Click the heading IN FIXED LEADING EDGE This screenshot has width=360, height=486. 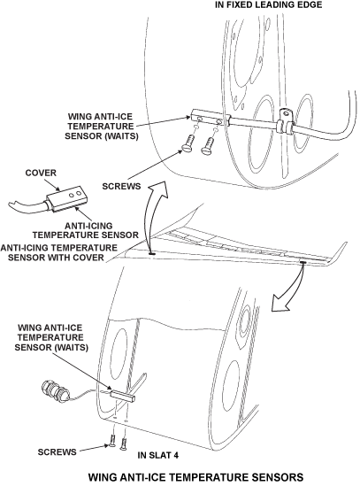coord(269,4)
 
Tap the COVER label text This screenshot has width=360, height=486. coord(41,173)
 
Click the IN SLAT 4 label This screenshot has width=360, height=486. coord(158,455)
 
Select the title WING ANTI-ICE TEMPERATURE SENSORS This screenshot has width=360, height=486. coord(195,477)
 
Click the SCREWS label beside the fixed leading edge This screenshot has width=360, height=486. coord(121,186)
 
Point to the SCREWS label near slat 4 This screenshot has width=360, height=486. coord(57,451)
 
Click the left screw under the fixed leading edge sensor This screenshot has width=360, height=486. coord(188,144)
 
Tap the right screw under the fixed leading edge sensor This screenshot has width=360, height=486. coord(208,146)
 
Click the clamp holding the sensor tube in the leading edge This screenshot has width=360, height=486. coord(286,121)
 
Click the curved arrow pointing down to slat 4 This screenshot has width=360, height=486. coord(291,289)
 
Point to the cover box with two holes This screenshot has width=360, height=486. coord(65,198)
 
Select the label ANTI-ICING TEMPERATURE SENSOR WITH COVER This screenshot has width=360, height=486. coord(59,252)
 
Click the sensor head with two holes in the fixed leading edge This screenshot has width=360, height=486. coord(211,119)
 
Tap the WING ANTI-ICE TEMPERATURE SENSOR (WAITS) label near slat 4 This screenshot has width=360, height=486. coord(51,337)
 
